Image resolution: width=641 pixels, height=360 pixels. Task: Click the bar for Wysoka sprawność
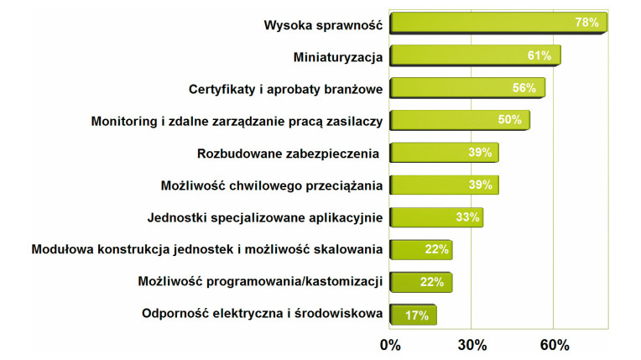498,24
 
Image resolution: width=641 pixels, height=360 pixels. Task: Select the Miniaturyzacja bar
475,56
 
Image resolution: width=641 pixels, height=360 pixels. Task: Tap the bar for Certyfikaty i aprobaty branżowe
467,88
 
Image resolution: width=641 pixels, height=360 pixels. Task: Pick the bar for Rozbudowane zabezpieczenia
445,153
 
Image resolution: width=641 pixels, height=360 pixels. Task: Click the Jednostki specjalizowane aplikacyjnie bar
436,217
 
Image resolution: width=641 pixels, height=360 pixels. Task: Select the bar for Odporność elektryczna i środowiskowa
413,316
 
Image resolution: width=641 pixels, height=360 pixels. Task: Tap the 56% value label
524,88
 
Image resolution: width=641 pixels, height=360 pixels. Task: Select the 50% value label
509,120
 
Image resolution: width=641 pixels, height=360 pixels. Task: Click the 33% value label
468,217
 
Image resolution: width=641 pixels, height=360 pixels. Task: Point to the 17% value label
417,316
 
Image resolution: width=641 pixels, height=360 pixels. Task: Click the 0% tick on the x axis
390,345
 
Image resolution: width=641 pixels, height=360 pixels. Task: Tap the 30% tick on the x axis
472,345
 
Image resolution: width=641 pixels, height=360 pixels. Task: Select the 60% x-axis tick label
555,345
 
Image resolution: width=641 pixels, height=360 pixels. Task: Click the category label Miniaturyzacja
338,56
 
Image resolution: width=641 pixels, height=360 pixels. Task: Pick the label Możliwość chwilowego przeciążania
271,185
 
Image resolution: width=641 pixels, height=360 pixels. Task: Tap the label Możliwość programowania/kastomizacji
260,282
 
